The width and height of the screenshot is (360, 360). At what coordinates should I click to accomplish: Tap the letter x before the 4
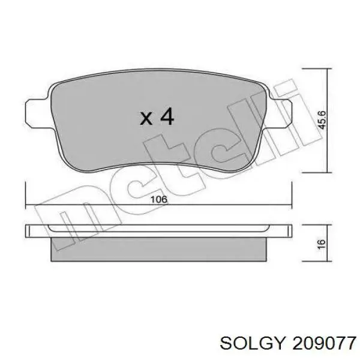coord(146,118)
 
